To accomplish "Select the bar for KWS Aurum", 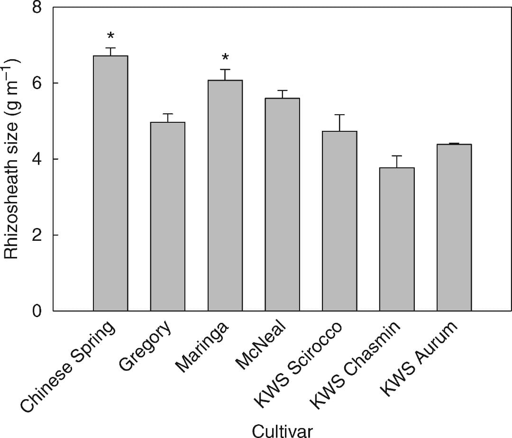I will pyautogui.click(x=454, y=228).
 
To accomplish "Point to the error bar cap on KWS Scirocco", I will pyautogui.click(x=339, y=115).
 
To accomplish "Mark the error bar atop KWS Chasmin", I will pyautogui.click(x=397, y=156).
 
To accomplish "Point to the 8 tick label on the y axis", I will pyautogui.click(x=37, y=8).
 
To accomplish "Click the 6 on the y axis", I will pyautogui.click(x=37, y=83).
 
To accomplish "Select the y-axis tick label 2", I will pyautogui.click(x=37, y=235).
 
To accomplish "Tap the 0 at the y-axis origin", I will pyautogui.click(x=37, y=311).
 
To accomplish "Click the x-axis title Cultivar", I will pyautogui.click(x=282, y=430).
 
